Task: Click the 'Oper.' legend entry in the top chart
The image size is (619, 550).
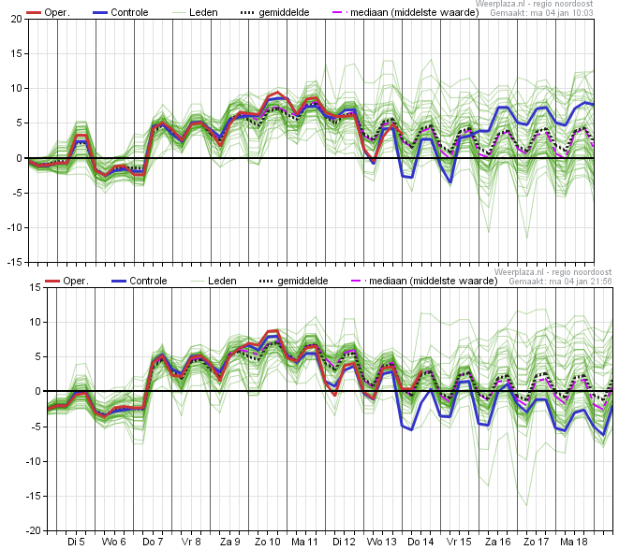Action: pyautogui.click(x=48, y=12)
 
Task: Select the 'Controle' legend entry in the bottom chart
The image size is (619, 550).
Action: pyautogui.click(x=139, y=281)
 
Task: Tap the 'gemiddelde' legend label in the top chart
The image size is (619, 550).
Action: pyautogui.click(x=285, y=12)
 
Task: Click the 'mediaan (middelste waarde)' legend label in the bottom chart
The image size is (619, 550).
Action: pyautogui.click(x=433, y=281)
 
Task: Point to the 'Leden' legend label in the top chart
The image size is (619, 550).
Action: pyautogui.click(x=203, y=12)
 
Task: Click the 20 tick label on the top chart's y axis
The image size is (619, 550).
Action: pyautogui.click(x=17, y=19)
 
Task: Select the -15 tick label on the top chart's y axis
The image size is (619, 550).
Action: pyautogui.click(x=15, y=262)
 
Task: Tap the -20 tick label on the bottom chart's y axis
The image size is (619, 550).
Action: pyautogui.click(x=33, y=530)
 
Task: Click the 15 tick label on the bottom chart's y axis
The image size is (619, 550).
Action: pyautogui.click(x=36, y=287)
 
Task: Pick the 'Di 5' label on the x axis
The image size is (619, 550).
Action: pyautogui.click(x=76, y=542)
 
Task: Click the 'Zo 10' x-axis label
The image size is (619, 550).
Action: pyautogui.click(x=267, y=542)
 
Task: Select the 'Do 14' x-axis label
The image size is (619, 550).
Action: pyautogui.click(x=420, y=542)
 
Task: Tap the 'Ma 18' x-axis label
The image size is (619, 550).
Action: pyautogui.click(x=574, y=542)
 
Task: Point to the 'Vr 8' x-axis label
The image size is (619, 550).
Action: pyautogui.click(x=191, y=542)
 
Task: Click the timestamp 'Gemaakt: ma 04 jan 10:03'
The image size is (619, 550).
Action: pyautogui.click(x=541, y=13)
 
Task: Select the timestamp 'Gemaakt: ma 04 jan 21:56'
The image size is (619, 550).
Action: pyautogui.click(x=560, y=282)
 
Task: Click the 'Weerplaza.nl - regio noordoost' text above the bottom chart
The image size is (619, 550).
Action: pyautogui.click(x=553, y=272)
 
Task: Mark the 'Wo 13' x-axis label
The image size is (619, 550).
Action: pyautogui.click(x=382, y=542)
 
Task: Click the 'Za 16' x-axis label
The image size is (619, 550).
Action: pyautogui.click(x=497, y=542)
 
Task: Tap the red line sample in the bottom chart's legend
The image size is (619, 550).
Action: pyautogui.click(x=52, y=282)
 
